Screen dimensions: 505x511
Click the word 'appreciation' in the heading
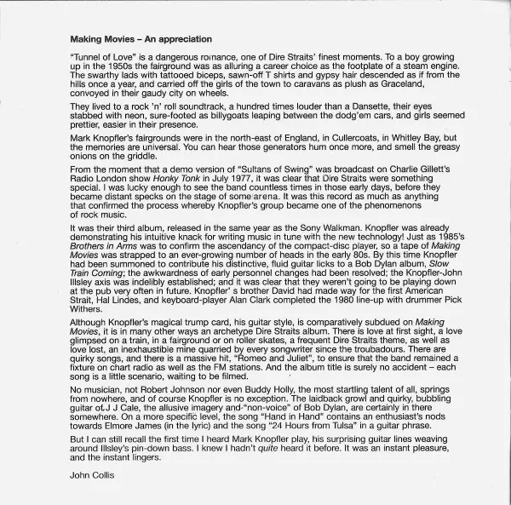pyautogui.click(x=181, y=39)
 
